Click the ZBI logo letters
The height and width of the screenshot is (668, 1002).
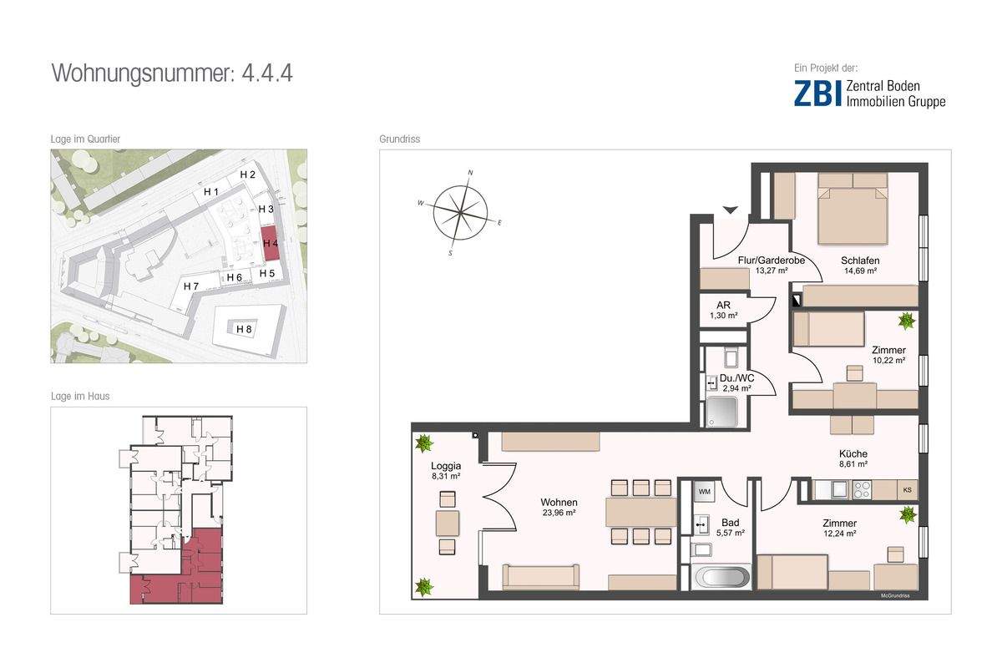pyautogui.click(x=817, y=93)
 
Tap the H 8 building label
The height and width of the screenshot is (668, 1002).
pyautogui.click(x=244, y=329)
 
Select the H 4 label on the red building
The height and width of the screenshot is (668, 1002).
pyautogui.click(x=271, y=243)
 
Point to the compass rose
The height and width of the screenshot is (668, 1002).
pyautogui.click(x=460, y=213)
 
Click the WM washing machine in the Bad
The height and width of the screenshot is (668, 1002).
pyautogui.click(x=705, y=491)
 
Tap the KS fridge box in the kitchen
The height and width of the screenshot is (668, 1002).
pyautogui.click(x=907, y=490)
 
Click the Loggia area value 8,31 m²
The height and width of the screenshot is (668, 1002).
pyautogui.click(x=446, y=477)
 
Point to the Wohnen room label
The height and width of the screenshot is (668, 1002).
pyautogui.click(x=559, y=502)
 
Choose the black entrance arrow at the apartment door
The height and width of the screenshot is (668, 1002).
pyautogui.click(x=731, y=210)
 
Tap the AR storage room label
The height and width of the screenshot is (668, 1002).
pyautogui.click(x=723, y=305)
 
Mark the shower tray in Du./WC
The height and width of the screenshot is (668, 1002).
pyautogui.click(x=721, y=411)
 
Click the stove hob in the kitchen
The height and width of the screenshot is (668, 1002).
pyautogui.click(x=862, y=489)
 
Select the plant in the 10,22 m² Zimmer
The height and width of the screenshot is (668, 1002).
pyautogui.click(x=906, y=321)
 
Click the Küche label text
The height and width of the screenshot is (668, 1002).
pyautogui.click(x=853, y=453)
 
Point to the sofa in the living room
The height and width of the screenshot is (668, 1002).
pyautogui.click(x=540, y=577)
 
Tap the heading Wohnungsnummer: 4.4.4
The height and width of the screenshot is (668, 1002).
pyautogui.click(x=172, y=73)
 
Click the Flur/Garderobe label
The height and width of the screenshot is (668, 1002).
pyautogui.click(x=772, y=260)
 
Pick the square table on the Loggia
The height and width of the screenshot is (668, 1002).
pyautogui.click(x=448, y=523)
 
